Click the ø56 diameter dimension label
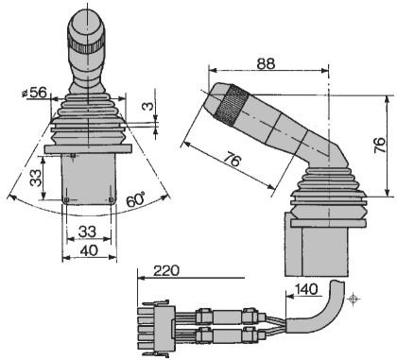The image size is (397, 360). (x=34, y=93)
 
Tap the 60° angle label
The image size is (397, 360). (x=136, y=199)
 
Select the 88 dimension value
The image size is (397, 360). (x=266, y=63)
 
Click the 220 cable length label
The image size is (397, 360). (x=166, y=270)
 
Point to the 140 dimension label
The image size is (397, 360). (x=306, y=289)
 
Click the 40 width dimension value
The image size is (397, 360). (x=89, y=250)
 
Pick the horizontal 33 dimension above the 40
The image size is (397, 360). (x=87, y=232)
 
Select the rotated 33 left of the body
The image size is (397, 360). (x=36, y=178)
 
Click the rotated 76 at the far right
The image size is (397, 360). (x=380, y=145)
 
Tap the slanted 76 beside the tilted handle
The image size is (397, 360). (x=233, y=161)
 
